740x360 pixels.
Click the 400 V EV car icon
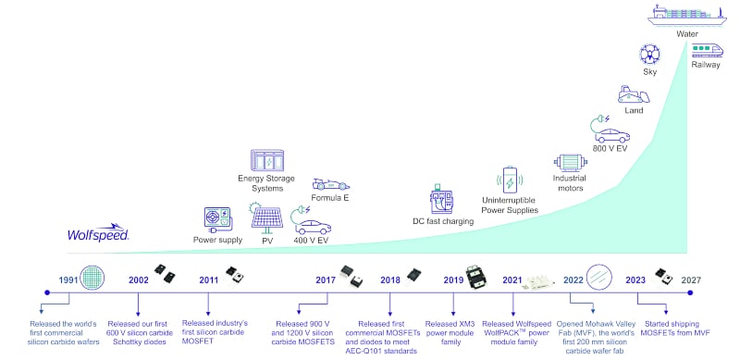312,224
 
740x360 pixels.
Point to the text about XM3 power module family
452,329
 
